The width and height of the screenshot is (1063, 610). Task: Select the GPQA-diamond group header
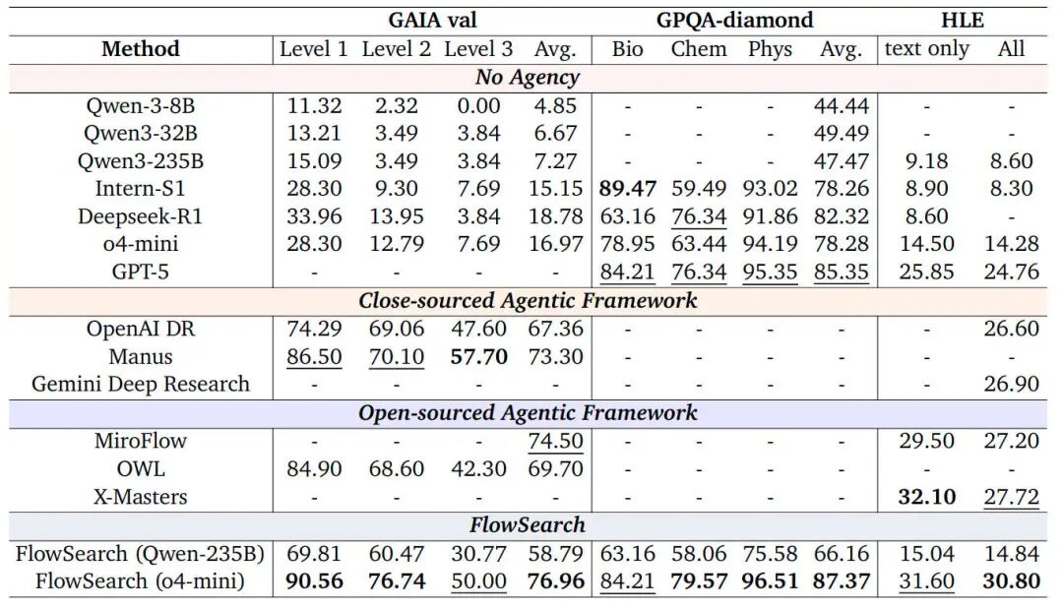(x=735, y=20)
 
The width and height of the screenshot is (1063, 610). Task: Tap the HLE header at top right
(x=962, y=20)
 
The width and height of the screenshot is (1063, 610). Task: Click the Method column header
(x=141, y=49)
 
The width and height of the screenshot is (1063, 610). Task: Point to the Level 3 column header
(x=477, y=49)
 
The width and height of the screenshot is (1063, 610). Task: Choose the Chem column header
(x=699, y=49)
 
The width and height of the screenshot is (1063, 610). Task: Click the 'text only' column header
(x=926, y=49)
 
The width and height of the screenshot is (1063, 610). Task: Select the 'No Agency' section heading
(x=528, y=77)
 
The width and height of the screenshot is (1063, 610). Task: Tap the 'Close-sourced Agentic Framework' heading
(x=528, y=301)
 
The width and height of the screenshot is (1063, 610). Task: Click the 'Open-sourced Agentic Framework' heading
(x=528, y=413)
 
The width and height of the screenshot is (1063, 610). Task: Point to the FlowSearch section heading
(x=528, y=525)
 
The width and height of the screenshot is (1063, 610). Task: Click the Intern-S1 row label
(x=141, y=189)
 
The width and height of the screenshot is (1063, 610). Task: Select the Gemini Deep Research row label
(x=141, y=385)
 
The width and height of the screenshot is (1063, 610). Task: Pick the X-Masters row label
(x=141, y=497)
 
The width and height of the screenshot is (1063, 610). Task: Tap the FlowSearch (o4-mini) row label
(x=140, y=581)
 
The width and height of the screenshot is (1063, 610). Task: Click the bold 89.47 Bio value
(x=627, y=189)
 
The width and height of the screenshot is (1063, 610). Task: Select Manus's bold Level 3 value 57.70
(x=478, y=357)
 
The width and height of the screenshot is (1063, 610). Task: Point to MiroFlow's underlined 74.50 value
(x=556, y=441)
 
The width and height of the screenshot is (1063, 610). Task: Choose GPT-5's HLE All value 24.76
(x=1012, y=273)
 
